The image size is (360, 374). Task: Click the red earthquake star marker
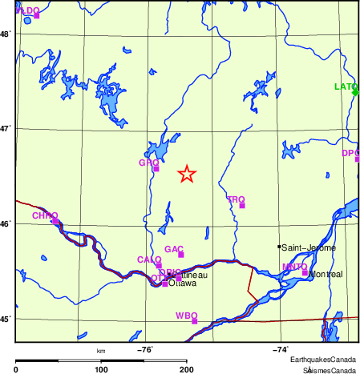pyautogui.click(x=186, y=174)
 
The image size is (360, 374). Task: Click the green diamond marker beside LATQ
pyautogui.click(x=355, y=92)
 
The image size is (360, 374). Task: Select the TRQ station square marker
pyautogui.click(x=242, y=206)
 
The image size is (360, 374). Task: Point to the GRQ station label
pyautogui.click(x=148, y=163)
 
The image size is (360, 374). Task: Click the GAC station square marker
pyautogui.click(x=181, y=255)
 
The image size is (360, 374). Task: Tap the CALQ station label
pyautogui.click(x=148, y=259)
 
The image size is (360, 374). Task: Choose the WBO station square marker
pyautogui.click(x=195, y=321)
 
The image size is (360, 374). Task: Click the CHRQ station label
pyautogui.click(x=45, y=215)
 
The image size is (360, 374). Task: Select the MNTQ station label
pyautogui.click(x=294, y=266)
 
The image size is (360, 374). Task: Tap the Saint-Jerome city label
pyautogui.click(x=309, y=247)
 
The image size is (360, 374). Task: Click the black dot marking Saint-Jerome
pyautogui.click(x=279, y=247)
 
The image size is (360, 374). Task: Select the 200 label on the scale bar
pyautogui.click(x=186, y=369)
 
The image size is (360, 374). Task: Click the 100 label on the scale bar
pyautogui.click(x=101, y=369)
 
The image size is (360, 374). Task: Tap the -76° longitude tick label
pyautogui.click(x=145, y=349)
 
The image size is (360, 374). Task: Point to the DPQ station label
pyautogui.click(x=350, y=153)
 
